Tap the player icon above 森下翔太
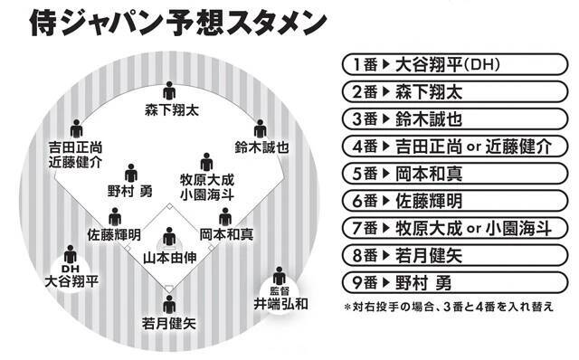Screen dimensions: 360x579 tap(169, 92)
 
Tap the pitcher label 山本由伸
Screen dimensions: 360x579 tap(169, 256)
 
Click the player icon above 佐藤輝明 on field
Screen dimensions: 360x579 tap(115, 217)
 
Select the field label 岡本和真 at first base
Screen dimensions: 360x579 tap(225, 233)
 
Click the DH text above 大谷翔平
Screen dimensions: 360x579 tap(71, 270)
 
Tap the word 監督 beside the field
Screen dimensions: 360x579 tap(280, 289)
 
